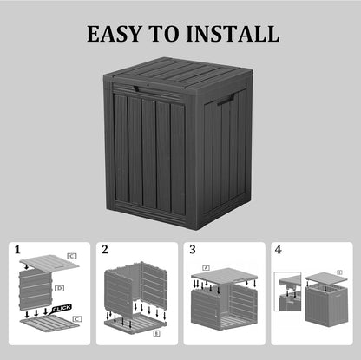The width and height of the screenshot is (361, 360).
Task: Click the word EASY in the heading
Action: [x=116, y=35]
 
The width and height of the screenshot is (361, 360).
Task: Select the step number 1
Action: [x=17, y=251]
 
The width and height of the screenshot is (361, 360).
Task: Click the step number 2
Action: [x=105, y=251]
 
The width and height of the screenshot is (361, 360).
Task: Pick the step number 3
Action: [x=193, y=251]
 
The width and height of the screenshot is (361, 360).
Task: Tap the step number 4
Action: [x=279, y=251]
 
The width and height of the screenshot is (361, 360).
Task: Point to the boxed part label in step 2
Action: [x=156, y=332]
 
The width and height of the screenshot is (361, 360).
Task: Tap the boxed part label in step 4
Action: [x=339, y=272]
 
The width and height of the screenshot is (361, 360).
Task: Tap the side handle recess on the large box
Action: [x=226, y=102]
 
